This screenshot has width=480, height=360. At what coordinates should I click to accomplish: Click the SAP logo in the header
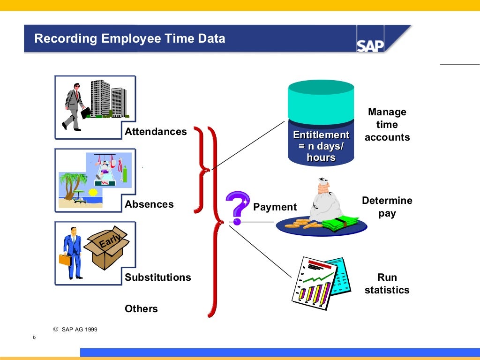[370, 45]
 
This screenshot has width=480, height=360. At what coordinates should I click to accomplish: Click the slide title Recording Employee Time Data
[130, 38]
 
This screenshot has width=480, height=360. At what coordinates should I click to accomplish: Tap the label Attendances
[156, 132]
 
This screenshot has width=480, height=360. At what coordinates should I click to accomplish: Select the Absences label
[149, 204]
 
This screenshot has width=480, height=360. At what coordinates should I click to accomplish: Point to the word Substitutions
[158, 277]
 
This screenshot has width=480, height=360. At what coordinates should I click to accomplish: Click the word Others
[141, 309]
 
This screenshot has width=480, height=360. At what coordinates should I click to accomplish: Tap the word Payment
[275, 207]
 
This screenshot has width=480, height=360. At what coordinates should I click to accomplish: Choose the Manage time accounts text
[387, 125]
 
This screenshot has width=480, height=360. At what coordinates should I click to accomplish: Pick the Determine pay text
[387, 207]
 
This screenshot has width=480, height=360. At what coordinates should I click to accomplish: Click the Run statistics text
[387, 284]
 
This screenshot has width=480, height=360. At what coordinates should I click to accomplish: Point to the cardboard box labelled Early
[106, 248]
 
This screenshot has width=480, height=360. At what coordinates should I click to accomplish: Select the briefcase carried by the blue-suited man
[65, 259]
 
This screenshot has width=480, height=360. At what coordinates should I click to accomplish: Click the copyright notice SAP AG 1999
[75, 330]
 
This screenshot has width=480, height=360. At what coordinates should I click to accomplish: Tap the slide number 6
[34, 337]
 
